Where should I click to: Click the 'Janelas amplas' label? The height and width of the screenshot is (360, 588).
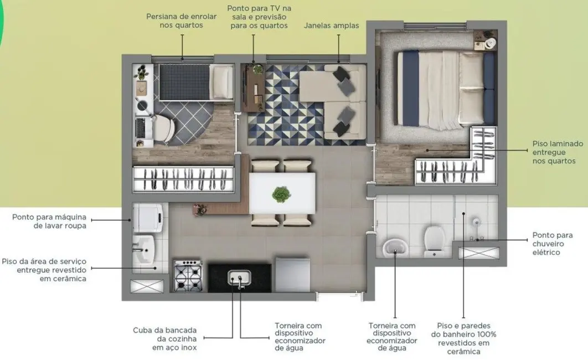click(331, 25)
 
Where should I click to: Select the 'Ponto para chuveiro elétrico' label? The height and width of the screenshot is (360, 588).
click(552, 244)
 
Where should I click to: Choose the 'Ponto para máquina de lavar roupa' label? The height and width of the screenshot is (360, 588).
click(49, 221)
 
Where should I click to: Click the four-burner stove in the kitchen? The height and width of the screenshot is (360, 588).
click(188, 275)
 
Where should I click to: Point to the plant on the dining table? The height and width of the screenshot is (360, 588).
click(281, 194)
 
